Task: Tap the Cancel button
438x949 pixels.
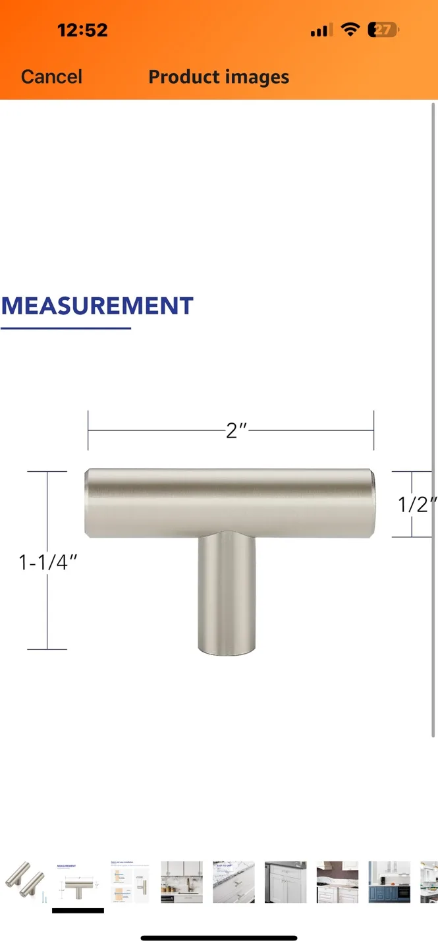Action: point(51,76)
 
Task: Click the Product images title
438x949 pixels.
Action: point(219,76)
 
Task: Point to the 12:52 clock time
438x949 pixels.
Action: point(82,30)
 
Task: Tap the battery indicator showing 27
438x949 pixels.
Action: point(383,30)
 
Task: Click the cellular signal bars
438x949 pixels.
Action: point(321,30)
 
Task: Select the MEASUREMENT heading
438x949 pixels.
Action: point(97,306)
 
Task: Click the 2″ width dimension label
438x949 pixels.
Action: point(235,430)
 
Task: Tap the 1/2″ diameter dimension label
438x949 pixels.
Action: point(417,504)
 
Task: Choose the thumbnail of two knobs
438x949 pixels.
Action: point(25,880)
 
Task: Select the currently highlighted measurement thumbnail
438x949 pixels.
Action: point(78,880)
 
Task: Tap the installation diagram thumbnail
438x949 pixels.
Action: point(130,880)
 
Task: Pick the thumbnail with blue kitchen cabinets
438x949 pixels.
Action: point(389,880)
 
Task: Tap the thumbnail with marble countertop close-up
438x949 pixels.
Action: point(233,880)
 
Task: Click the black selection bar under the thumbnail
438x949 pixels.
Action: point(78,911)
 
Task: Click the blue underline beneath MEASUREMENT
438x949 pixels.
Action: point(66,328)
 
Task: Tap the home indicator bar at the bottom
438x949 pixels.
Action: point(219,938)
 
